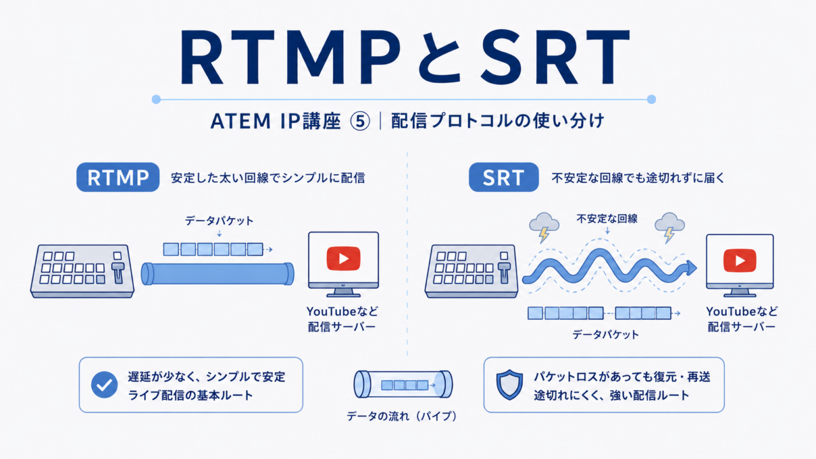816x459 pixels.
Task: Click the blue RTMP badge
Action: (x=118, y=177)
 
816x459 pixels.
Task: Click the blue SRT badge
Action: (x=504, y=177)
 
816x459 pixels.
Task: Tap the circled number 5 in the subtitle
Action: (x=360, y=121)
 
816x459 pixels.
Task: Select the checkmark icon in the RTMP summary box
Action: (x=104, y=384)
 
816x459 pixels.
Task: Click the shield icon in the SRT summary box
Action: (x=509, y=384)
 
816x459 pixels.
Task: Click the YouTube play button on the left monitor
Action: (x=344, y=259)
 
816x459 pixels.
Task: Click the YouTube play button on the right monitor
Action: (x=740, y=261)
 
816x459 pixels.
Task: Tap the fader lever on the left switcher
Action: (x=118, y=272)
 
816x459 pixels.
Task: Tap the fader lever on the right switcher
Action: (x=504, y=272)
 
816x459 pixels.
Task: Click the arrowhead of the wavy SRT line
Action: (x=690, y=269)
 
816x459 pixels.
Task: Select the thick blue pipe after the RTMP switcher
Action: (x=217, y=274)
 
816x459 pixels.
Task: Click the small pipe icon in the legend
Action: (x=403, y=384)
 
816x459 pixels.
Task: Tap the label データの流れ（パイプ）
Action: (x=402, y=416)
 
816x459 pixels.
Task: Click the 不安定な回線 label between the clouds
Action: (x=607, y=219)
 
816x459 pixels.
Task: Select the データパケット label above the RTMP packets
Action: (x=219, y=221)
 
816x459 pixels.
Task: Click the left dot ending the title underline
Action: (x=156, y=99)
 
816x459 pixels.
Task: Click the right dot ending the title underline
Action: (x=652, y=99)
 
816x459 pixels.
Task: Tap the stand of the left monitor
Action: (x=343, y=292)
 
